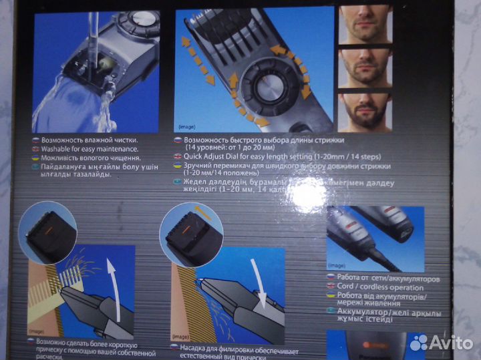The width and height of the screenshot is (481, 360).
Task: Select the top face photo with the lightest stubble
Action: [365, 24]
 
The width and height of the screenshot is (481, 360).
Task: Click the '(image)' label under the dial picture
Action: [187, 126]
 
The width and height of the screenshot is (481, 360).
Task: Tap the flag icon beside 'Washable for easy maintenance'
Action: [36, 149]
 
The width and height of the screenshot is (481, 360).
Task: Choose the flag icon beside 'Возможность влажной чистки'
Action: [36, 140]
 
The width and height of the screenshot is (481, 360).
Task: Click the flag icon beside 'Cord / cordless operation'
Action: [331, 286]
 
